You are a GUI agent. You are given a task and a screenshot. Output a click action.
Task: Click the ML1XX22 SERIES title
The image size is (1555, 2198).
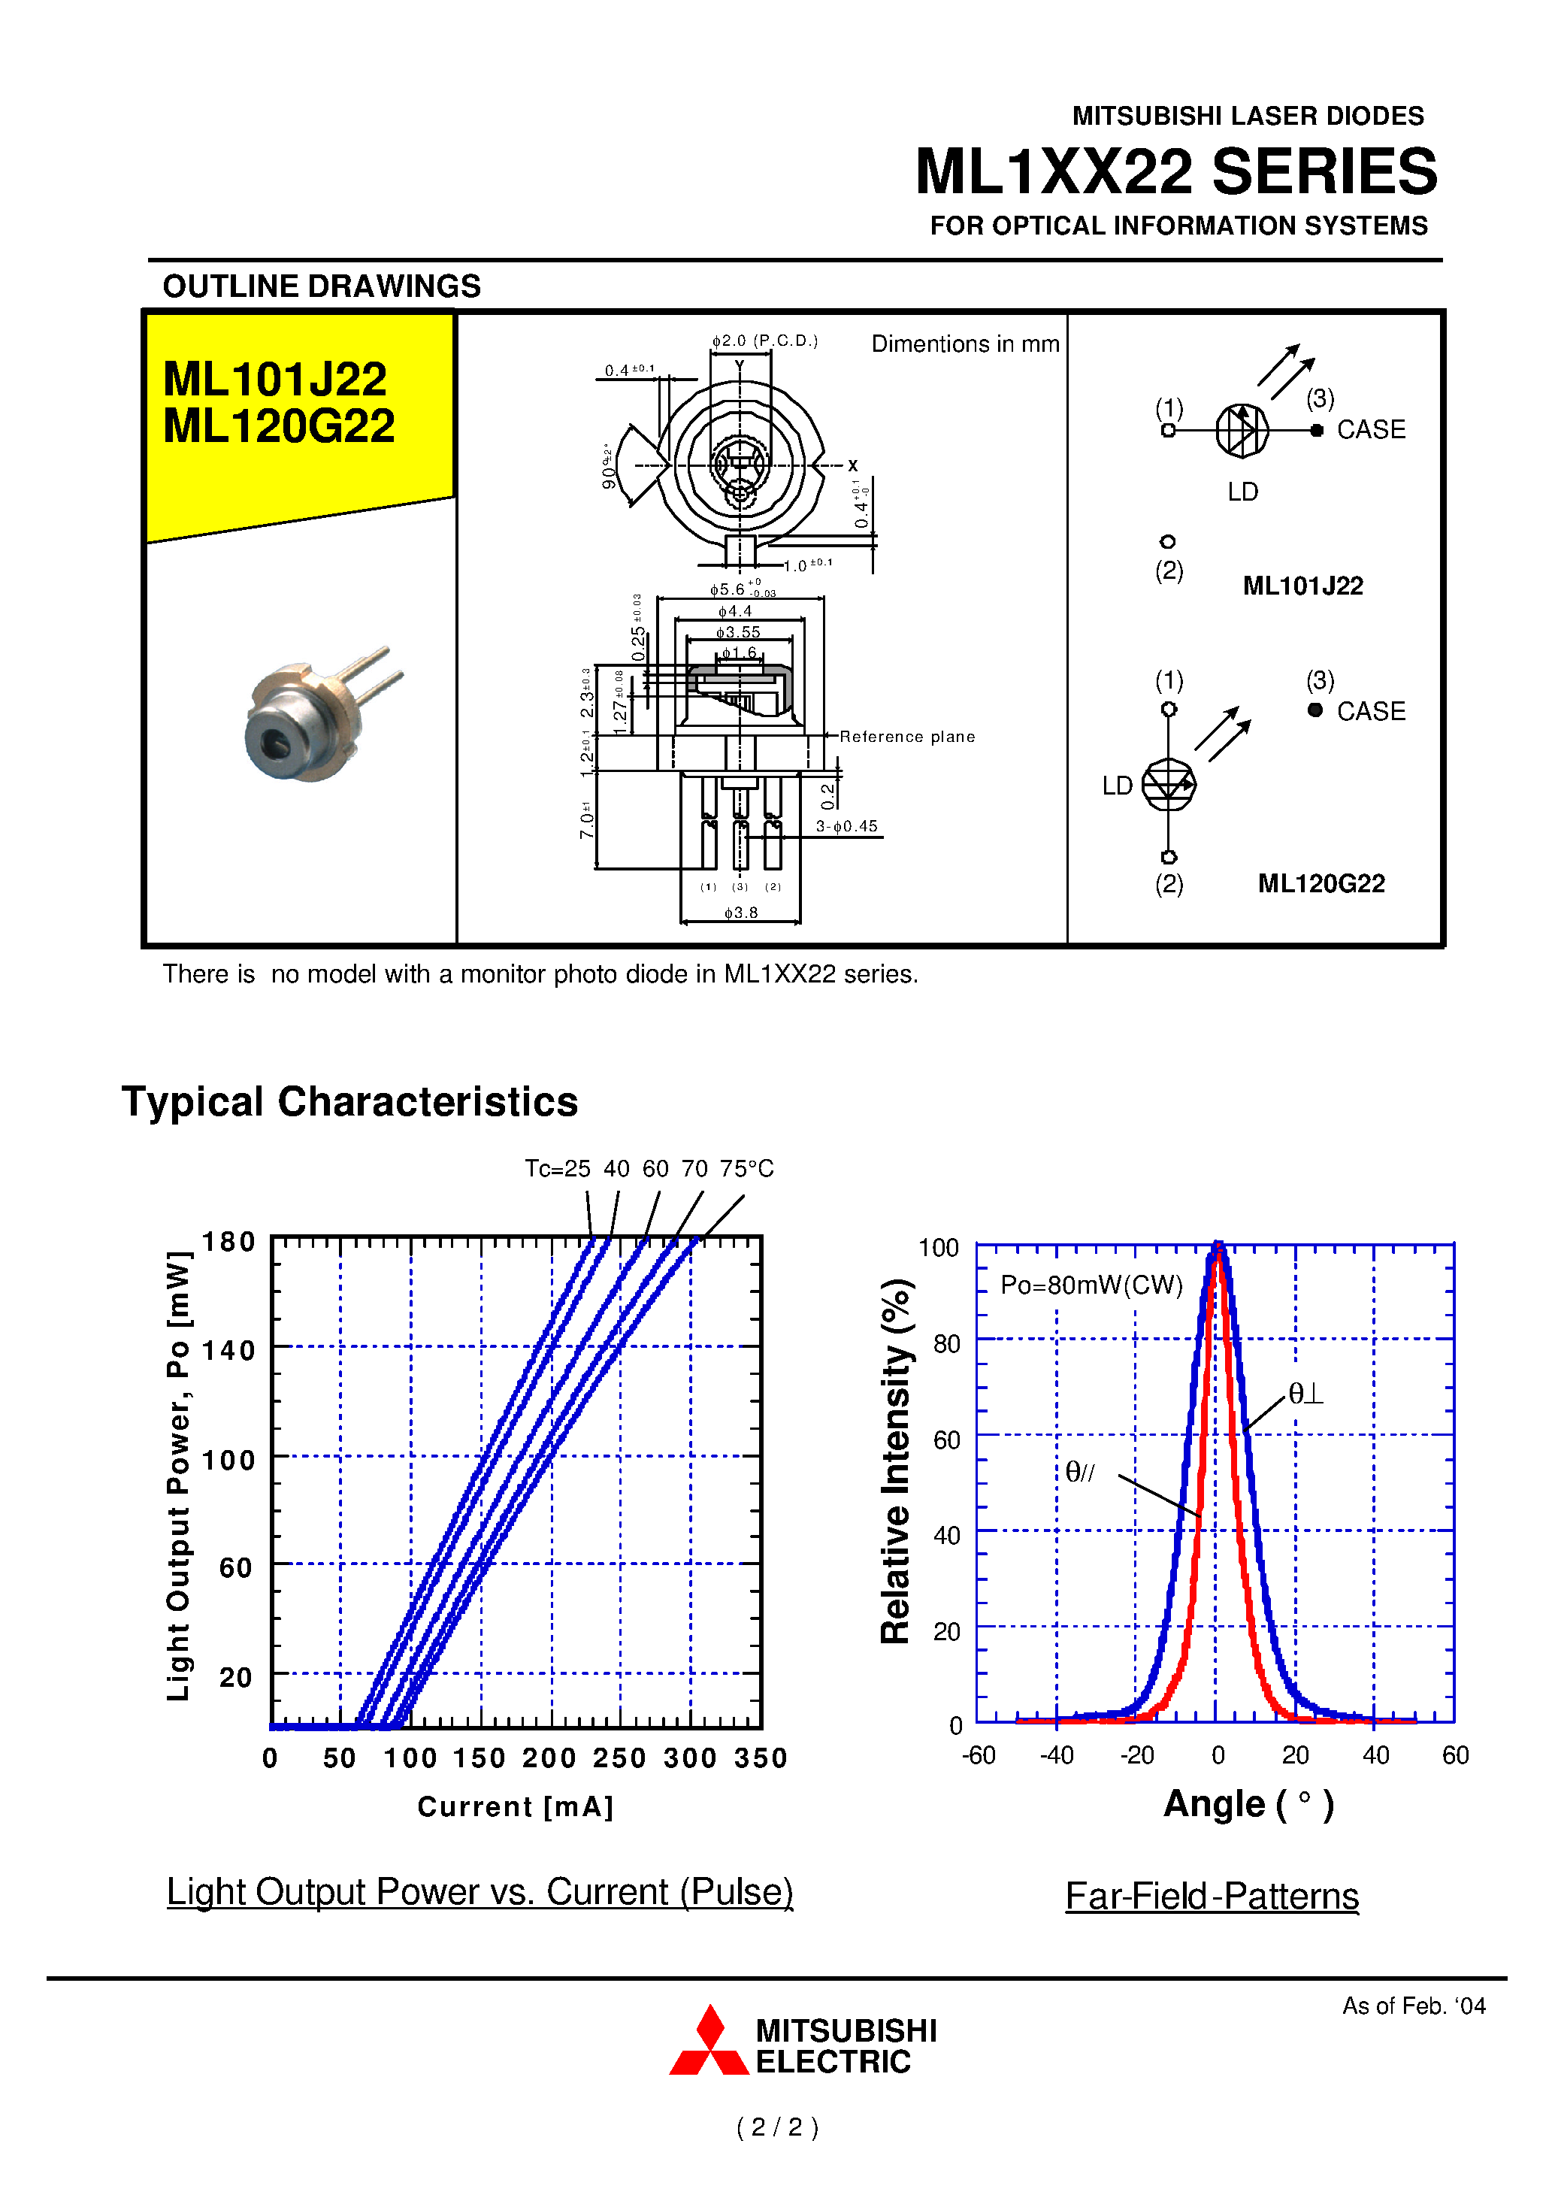click(1175, 172)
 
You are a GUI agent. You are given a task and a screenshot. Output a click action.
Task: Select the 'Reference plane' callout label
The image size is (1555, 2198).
click(906, 737)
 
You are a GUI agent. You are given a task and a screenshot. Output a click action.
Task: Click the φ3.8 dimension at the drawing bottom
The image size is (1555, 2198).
click(740, 913)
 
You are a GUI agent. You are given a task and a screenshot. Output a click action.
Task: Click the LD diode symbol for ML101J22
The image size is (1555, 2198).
click(1242, 430)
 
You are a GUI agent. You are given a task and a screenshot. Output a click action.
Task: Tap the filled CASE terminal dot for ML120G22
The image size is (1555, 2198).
click(1315, 710)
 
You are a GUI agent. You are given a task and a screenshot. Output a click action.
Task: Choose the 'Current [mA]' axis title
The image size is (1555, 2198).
click(515, 1807)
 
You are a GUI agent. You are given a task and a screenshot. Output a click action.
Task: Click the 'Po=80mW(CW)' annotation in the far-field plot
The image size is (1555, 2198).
click(1091, 1285)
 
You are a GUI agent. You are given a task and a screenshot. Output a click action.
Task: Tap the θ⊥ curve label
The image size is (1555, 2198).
click(1305, 1394)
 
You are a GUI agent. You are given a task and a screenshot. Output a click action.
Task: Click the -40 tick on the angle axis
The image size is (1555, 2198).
click(1057, 1755)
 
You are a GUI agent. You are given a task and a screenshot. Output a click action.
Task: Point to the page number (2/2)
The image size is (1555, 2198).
click(777, 2128)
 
